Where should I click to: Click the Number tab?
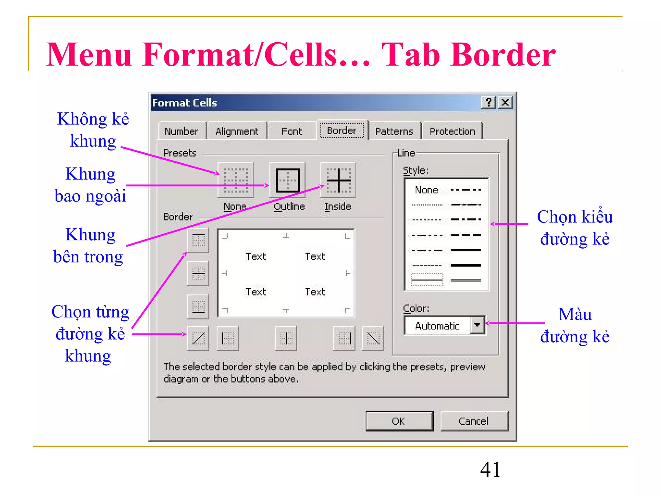click(x=181, y=131)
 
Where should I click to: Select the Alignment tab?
click(x=237, y=131)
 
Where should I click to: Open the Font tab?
click(x=291, y=131)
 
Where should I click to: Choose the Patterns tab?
click(x=394, y=131)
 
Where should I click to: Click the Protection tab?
click(x=452, y=131)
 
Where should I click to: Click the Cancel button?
click(x=473, y=421)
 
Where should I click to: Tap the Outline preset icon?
click(x=287, y=180)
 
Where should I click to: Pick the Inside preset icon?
click(x=338, y=180)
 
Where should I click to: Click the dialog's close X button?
click(x=505, y=103)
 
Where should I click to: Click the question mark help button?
click(x=489, y=103)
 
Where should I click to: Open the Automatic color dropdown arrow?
click(x=477, y=325)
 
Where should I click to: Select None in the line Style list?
click(x=426, y=190)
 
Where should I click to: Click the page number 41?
click(x=490, y=470)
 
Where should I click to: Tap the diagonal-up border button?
click(x=198, y=338)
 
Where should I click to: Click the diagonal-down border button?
click(x=373, y=338)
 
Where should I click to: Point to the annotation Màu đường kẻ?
click(x=575, y=325)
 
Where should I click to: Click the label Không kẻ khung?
click(x=93, y=130)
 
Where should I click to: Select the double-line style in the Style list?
click(x=465, y=280)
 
